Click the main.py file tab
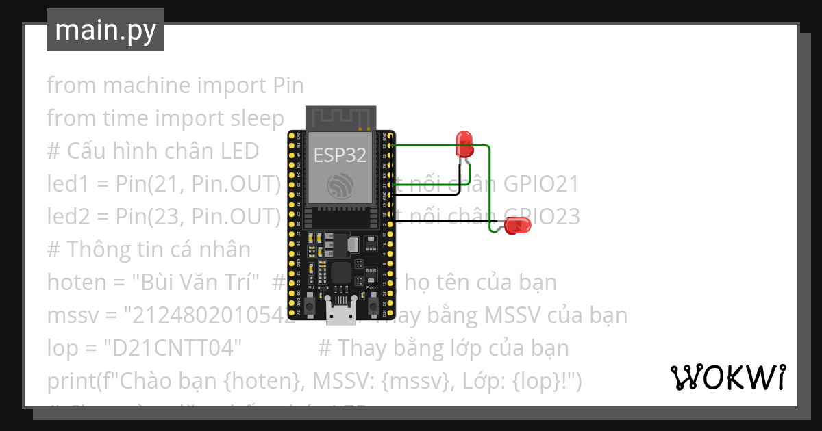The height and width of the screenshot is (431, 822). click(x=105, y=30)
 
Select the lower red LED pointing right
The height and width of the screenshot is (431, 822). click(x=518, y=225)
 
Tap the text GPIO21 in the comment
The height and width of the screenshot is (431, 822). click(x=541, y=184)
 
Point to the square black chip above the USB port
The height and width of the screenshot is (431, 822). click(x=340, y=272)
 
